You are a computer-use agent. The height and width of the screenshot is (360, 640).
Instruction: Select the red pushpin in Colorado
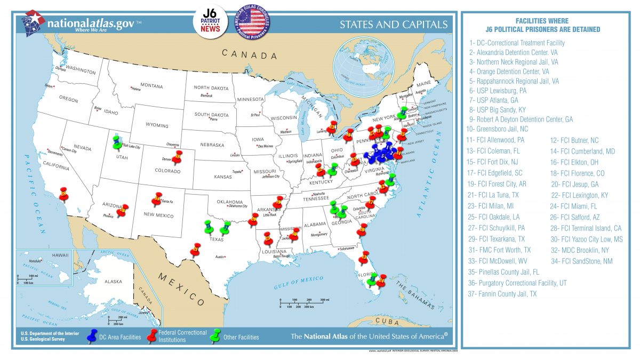(177, 157)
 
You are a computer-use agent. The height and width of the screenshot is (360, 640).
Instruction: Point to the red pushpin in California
(64, 193)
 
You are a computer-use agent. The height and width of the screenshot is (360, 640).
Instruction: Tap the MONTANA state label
(151, 85)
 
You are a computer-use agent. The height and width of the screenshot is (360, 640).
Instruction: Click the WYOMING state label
(157, 125)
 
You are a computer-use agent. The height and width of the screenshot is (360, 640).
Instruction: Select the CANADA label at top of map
(250, 54)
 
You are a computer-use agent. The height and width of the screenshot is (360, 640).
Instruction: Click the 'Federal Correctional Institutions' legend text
(182, 336)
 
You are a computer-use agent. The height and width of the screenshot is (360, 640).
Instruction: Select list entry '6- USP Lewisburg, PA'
(498, 91)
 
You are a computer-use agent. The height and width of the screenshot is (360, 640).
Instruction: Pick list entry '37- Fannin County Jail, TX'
(502, 294)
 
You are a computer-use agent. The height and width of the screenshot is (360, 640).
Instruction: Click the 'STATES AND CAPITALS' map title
(394, 25)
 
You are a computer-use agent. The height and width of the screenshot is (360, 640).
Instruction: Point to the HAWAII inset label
(60, 255)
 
